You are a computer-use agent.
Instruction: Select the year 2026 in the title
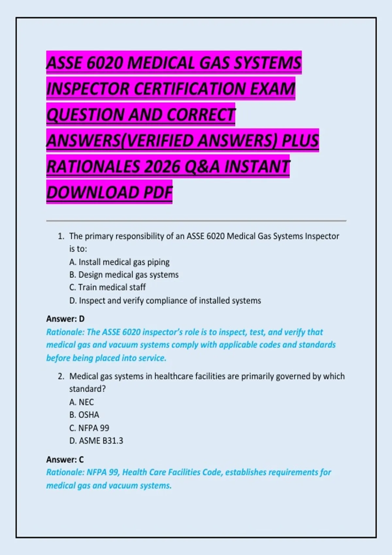coord(162,166)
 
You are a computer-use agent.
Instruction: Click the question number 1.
coord(61,236)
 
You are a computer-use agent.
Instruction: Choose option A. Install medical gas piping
coord(119,262)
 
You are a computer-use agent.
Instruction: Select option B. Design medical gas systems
coord(124,275)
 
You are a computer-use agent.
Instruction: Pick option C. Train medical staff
coord(107,287)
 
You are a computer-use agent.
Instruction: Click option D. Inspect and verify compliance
coord(165,301)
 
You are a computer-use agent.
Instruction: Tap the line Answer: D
coord(65,319)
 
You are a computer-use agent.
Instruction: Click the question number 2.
coord(61,376)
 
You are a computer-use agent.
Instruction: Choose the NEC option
coord(82,402)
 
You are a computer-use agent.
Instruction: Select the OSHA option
coord(84,415)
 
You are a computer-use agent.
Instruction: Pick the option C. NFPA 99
coord(89,428)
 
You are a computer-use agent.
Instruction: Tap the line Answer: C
coord(65,460)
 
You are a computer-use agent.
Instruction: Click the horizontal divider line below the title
coord(196,221)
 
